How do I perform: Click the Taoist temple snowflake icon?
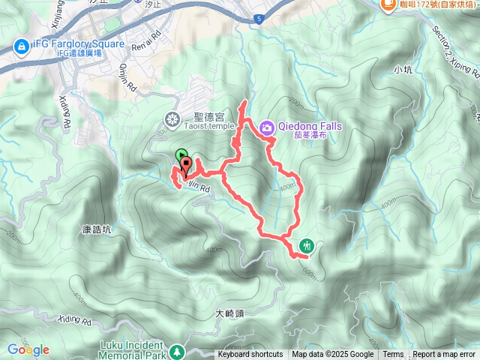(173, 118)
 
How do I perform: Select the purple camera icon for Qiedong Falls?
(266, 128)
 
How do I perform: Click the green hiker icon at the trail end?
(306, 245)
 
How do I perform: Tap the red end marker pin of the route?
(186, 165)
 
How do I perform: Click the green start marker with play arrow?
(181, 156)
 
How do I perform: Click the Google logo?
(28, 349)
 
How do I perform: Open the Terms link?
(393, 355)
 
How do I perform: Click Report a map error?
(445, 355)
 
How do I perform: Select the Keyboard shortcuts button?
(250, 355)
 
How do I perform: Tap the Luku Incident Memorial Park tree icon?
(177, 350)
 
